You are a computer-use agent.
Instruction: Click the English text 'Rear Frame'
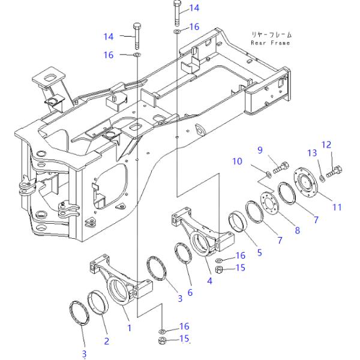click(x=270, y=43)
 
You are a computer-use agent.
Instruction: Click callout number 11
click(x=337, y=207)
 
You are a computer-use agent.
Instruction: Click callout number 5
click(x=259, y=253)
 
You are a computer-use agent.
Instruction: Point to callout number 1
click(x=129, y=328)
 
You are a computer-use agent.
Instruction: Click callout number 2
click(x=106, y=341)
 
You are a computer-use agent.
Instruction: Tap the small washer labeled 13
click(x=322, y=177)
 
